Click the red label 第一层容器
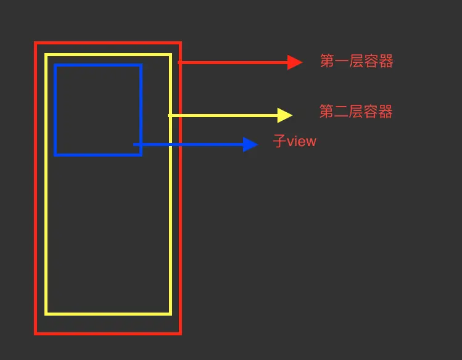357,62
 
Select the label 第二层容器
356,112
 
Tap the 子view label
295,142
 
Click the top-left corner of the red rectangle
36,43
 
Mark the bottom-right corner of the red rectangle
180,333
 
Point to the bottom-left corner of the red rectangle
36,333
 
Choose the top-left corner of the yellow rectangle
46,55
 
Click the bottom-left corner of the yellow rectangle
46,314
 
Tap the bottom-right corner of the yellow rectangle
170,314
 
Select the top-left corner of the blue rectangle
56,65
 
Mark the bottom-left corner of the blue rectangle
56,155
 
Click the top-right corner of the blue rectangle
141,65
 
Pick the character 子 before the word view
279,142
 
